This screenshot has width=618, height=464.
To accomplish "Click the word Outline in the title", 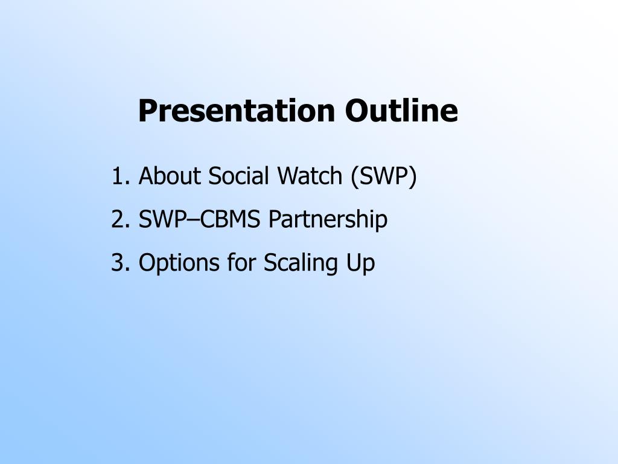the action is point(401,111).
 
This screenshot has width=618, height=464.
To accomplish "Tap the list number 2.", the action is point(121,219).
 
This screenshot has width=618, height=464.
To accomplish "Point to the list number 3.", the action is point(121,263).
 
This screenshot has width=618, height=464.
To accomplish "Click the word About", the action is point(169,176).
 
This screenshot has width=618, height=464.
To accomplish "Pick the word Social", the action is point(238,176).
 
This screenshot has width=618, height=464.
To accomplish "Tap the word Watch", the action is point(310,176).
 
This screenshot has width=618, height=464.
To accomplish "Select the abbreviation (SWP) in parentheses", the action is point(383,176).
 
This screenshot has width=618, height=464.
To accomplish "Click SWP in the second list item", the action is point(161,219).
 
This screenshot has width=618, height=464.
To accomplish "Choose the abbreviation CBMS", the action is point(230,219).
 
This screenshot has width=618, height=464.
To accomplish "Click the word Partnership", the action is point(328,220).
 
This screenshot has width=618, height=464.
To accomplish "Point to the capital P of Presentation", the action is point(147,111).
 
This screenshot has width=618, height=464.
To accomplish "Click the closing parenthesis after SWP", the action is point(413,176).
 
